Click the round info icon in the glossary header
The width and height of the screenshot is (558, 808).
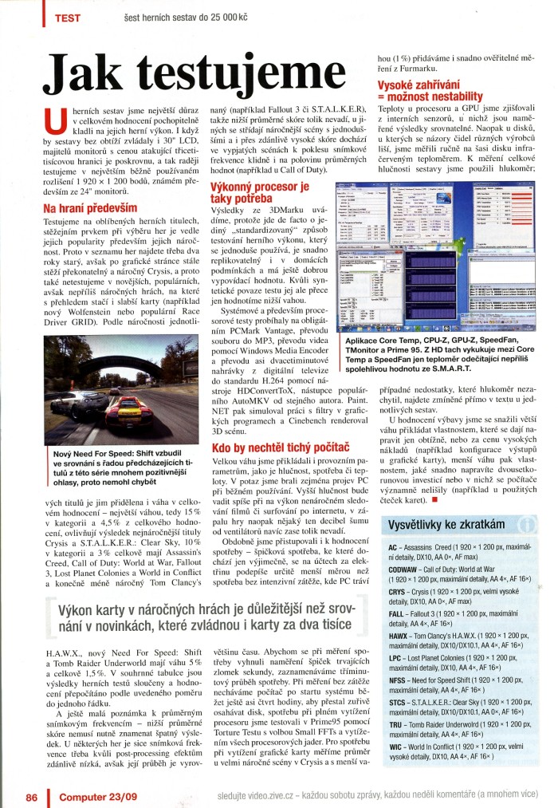[x=526, y=524]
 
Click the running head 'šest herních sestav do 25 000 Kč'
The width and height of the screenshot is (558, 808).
[x=191, y=17]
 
